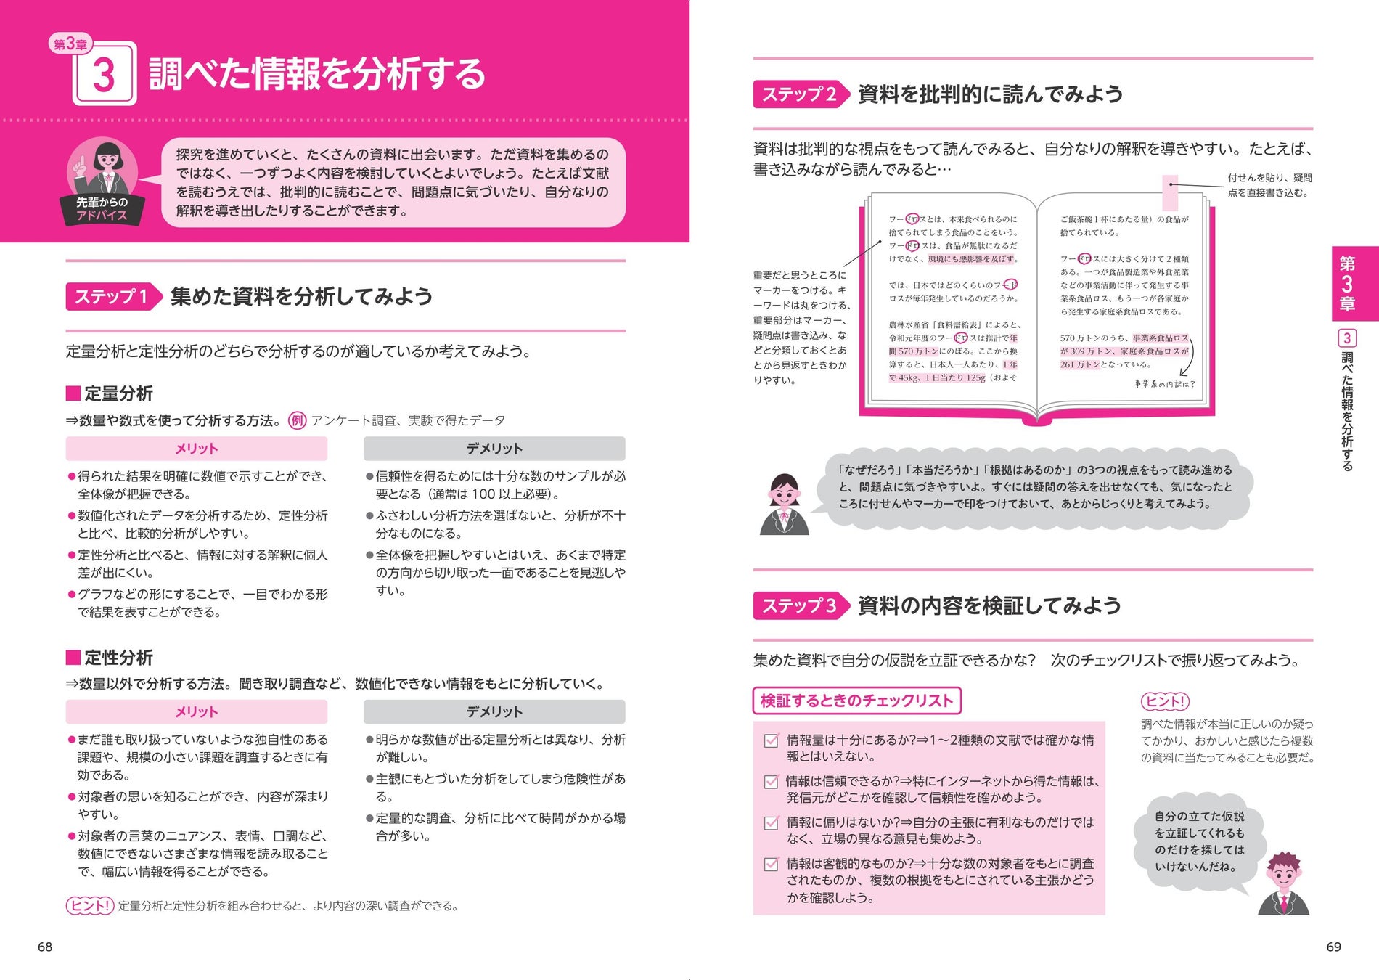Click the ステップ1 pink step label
tap(111, 296)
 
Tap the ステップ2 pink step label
tap(798, 94)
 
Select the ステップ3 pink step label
tap(798, 605)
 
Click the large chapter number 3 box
tap(105, 74)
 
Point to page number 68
tap(45, 947)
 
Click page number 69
tap(1333, 947)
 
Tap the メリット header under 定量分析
tap(196, 449)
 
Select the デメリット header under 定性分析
tap(494, 711)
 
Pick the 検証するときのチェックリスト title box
tap(856, 701)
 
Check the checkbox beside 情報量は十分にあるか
tap(772, 740)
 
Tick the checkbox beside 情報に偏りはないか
tap(772, 823)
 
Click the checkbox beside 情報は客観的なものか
tap(772, 865)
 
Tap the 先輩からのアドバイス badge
tap(102, 209)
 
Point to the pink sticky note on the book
tap(1170, 192)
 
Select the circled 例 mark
tap(298, 421)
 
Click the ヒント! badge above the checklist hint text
tap(1165, 701)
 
